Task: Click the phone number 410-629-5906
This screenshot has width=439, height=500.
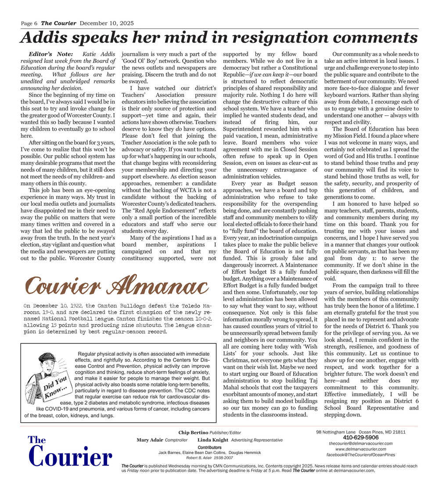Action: (360, 438)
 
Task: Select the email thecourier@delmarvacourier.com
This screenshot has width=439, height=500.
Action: (361, 443)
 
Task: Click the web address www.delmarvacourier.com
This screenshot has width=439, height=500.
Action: (361, 449)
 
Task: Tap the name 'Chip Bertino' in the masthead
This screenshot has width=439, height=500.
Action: (193, 433)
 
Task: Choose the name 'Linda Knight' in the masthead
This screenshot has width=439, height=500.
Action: (213, 440)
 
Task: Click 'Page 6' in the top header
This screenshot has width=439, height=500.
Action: (29, 23)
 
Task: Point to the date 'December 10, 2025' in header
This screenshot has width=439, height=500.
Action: (107, 23)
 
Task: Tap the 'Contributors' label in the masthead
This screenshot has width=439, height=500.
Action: (209, 447)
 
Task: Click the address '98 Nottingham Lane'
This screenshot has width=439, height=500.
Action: (337, 432)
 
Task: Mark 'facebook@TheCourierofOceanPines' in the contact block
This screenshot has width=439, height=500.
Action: (361, 455)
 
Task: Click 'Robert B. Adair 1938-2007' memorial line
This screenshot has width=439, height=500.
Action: (209, 458)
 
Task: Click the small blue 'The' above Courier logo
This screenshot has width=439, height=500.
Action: (37, 440)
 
